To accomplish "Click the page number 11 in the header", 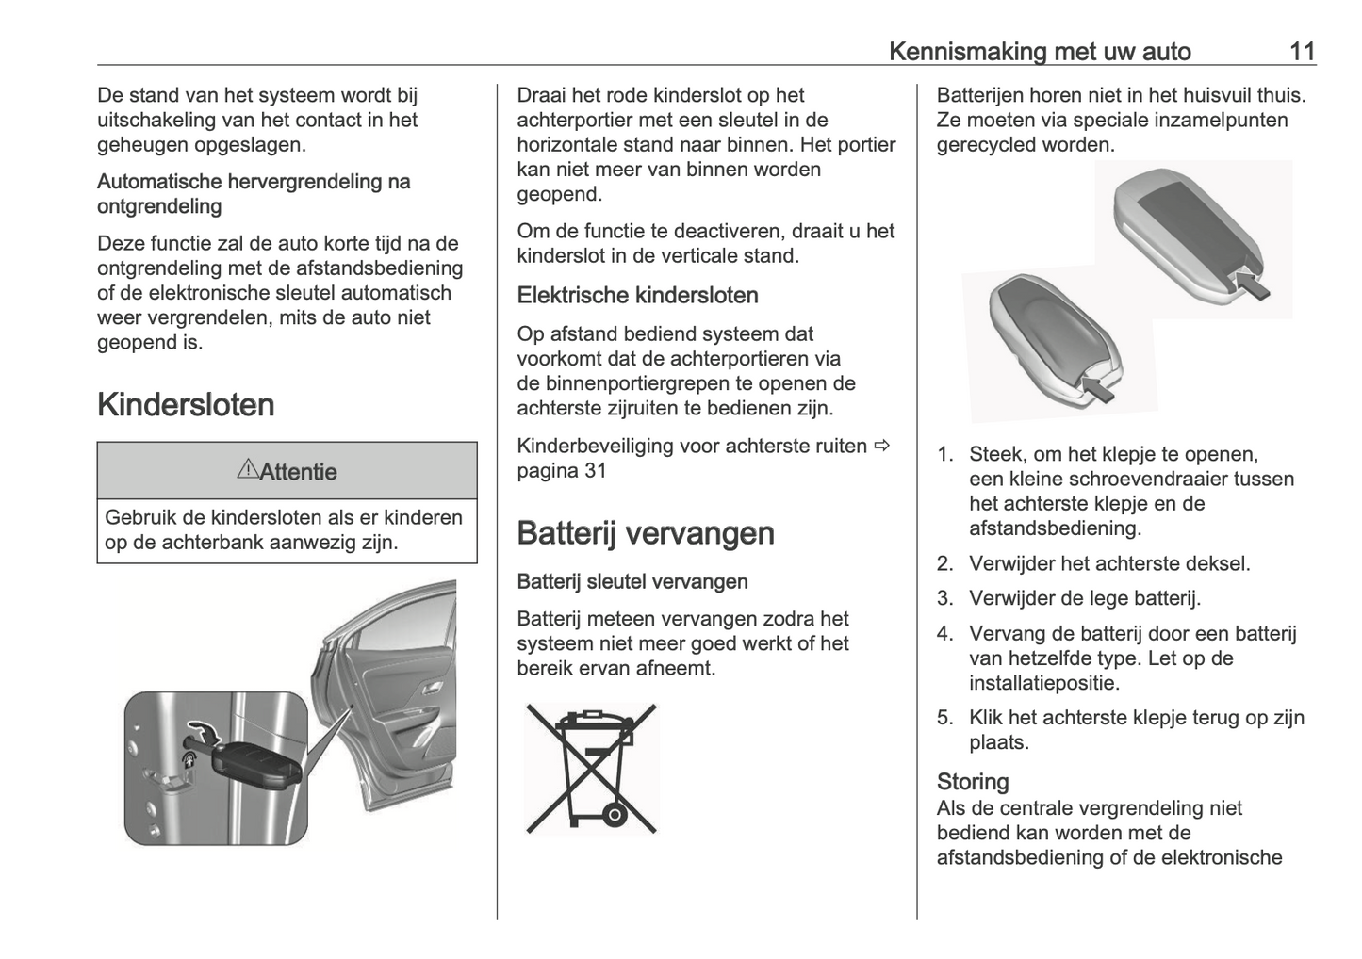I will click(x=1302, y=51).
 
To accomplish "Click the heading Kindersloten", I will click(x=186, y=405).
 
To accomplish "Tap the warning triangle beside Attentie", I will click(x=247, y=469).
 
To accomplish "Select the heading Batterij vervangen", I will click(x=646, y=533).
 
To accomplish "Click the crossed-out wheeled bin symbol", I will click(x=591, y=768).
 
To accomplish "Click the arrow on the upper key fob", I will click(x=1250, y=283).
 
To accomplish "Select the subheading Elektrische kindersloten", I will click(x=637, y=296).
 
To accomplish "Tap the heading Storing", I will click(x=973, y=782).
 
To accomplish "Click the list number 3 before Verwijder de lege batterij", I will click(x=944, y=599).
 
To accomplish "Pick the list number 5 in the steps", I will click(x=944, y=718).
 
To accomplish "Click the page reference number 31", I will click(x=596, y=471).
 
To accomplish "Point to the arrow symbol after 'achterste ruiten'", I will click(x=881, y=446).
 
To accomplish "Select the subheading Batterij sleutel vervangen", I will click(x=632, y=582).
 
